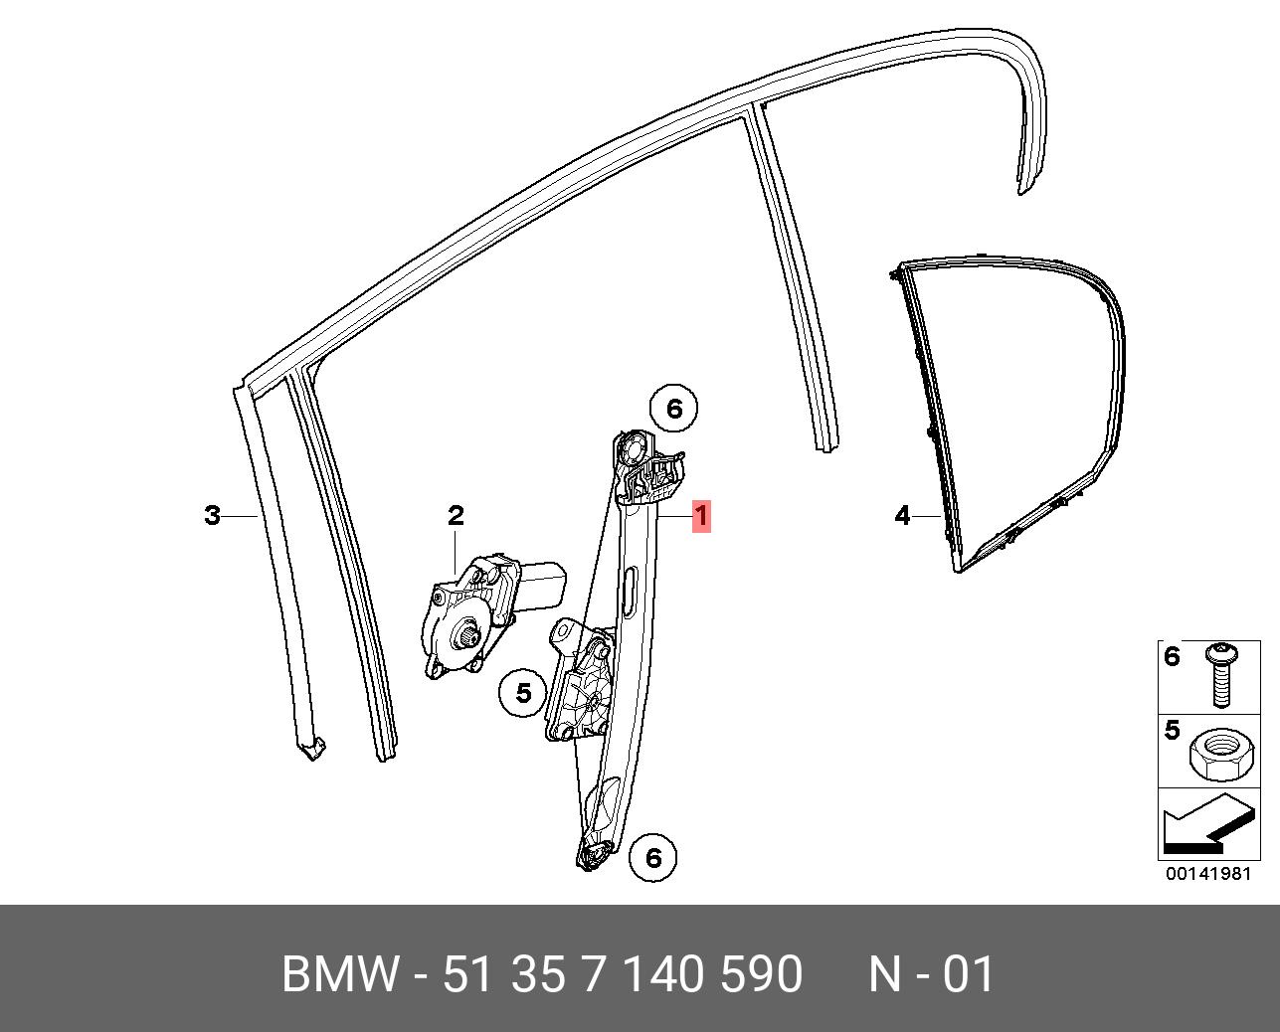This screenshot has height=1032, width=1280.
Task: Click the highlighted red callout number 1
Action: click(x=701, y=516)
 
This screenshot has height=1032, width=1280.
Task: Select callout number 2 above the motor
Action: click(x=456, y=515)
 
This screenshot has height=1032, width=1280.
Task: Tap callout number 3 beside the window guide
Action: click(x=213, y=515)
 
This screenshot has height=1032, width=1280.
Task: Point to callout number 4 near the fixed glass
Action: click(x=903, y=515)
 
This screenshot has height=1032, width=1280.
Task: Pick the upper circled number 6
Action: click(x=674, y=409)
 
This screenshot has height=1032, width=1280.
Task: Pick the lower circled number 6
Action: click(x=653, y=858)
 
